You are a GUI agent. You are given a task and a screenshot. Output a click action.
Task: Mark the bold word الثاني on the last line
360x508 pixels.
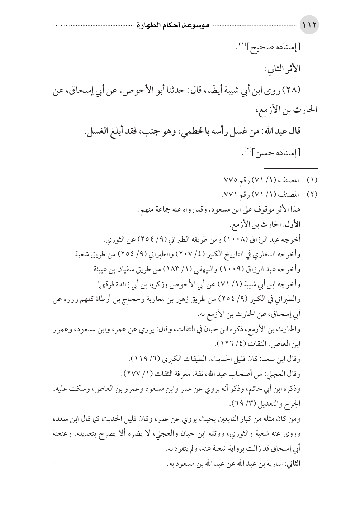293,464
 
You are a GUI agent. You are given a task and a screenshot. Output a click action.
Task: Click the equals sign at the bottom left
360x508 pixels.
55,464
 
